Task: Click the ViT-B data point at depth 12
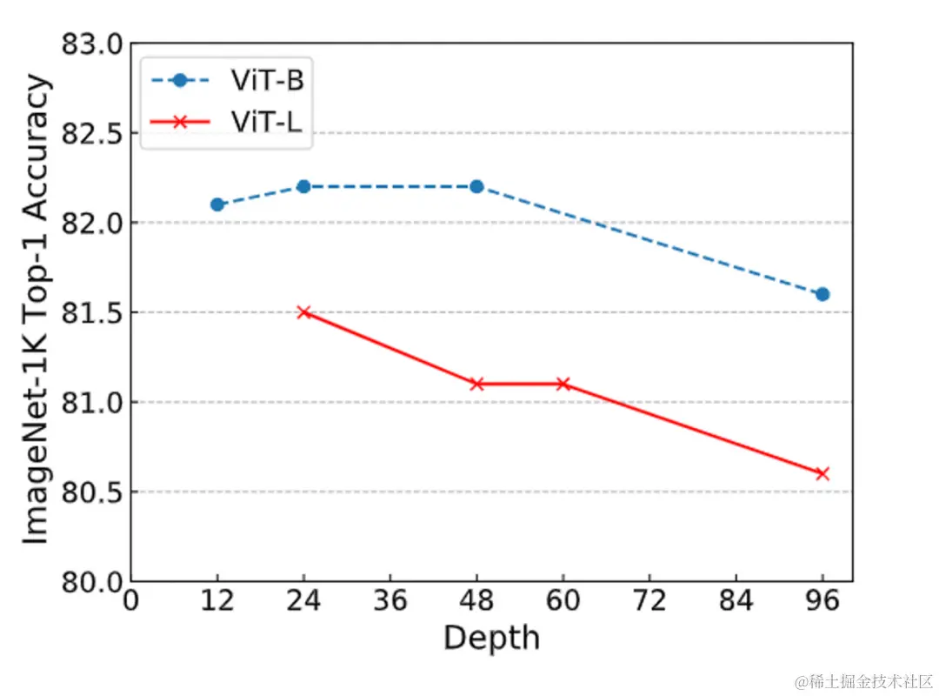(x=217, y=204)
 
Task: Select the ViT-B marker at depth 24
(x=303, y=186)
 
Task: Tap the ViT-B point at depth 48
(x=476, y=186)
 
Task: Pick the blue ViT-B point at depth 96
(x=822, y=294)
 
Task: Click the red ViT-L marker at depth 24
(x=303, y=312)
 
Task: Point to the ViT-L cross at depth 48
(x=476, y=384)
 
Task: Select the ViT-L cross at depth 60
(x=563, y=384)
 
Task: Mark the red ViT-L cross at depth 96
(x=822, y=473)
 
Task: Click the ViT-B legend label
(x=267, y=81)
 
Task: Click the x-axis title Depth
(x=491, y=639)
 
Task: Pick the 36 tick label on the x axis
(x=390, y=603)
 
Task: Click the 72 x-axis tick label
(x=650, y=603)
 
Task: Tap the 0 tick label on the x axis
(x=131, y=603)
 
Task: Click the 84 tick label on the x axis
(x=736, y=603)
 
